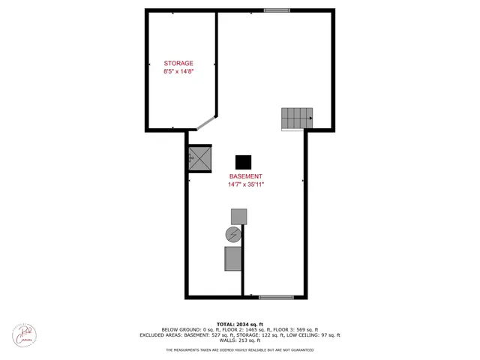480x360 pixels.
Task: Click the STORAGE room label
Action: (x=178, y=63)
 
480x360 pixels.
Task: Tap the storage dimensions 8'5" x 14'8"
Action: (x=178, y=71)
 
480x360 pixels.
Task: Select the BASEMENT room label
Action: (x=245, y=175)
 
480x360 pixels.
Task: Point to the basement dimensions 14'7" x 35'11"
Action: (x=246, y=184)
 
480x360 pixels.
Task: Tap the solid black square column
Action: (x=243, y=162)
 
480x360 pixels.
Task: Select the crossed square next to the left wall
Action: (x=199, y=158)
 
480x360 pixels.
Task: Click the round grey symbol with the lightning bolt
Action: (x=233, y=235)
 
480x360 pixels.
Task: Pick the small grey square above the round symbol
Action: (x=238, y=216)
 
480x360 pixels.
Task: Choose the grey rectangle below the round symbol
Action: (x=232, y=258)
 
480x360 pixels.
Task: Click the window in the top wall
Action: (x=277, y=10)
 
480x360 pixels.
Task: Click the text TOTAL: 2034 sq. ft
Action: (x=240, y=323)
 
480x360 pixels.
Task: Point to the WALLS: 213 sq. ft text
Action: (x=240, y=341)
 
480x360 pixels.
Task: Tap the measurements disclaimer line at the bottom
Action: (x=240, y=350)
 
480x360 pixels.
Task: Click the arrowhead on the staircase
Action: (x=309, y=118)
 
